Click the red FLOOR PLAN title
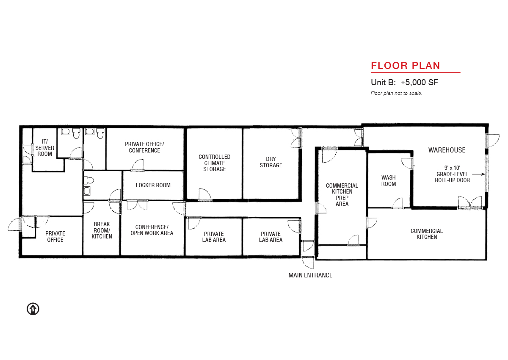click(x=405, y=66)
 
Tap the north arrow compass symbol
click(x=33, y=309)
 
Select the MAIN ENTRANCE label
click(x=310, y=275)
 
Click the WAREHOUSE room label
click(x=447, y=150)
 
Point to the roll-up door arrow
click(x=478, y=174)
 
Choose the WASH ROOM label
click(x=389, y=180)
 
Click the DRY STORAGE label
click(x=271, y=162)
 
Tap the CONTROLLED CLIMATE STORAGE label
click(x=214, y=163)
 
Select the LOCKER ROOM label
click(x=153, y=185)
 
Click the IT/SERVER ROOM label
click(x=45, y=148)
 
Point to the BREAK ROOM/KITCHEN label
click(x=102, y=230)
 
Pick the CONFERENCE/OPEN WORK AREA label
click(x=152, y=230)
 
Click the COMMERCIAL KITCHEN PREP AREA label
click(x=342, y=195)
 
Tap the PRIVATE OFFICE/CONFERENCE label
click(x=144, y=147)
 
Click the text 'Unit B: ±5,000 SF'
click(x=404, y=82)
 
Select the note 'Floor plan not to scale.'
click(x=396, y=93)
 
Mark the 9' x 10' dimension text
click(x=452, y=168)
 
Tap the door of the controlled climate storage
click(x=205, y=194)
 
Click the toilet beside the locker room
click(x=88, y=180)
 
